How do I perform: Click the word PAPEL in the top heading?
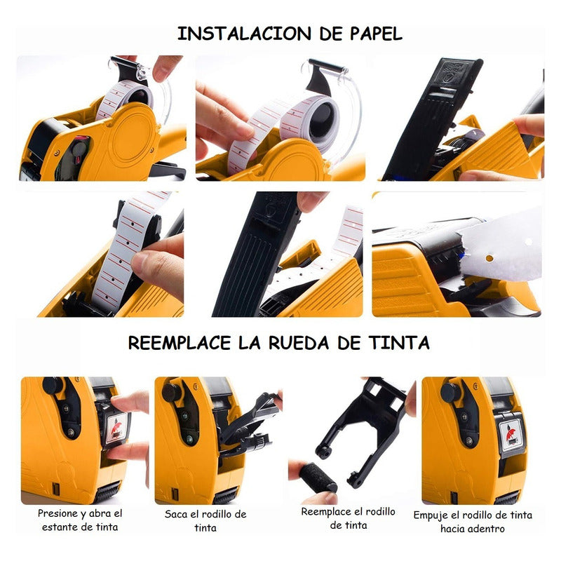pos(375,34)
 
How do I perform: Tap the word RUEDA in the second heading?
pos(299,343)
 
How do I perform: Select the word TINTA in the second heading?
pos(399,343)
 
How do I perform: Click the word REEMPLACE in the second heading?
pos(180,343)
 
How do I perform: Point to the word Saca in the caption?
pos(176,514)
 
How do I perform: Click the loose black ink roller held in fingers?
pos(318,478)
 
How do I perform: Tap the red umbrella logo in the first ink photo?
pos(116,428)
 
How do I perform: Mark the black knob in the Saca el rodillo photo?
pos(171,392)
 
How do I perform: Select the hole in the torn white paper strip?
pos(489,258)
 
